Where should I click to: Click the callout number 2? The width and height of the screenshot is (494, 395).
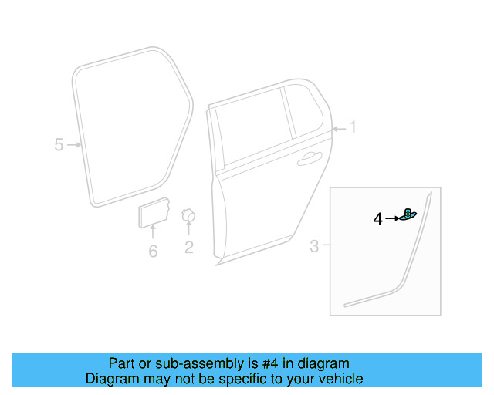(x=188, y=248)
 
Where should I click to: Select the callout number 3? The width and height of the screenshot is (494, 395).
(x=314, y=247)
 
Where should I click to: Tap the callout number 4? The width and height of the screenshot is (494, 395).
(x=377, y=219)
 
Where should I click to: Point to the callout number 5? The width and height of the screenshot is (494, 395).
(x=59, y=144)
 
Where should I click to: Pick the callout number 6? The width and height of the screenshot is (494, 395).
(x=153, y=252)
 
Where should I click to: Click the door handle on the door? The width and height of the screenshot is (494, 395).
(x=310, y=158)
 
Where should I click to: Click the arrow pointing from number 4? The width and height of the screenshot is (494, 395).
(x=392, y=219)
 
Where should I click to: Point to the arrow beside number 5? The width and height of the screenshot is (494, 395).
(x=74, y=144)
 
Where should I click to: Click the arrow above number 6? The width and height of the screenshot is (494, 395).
(x=153, y=232)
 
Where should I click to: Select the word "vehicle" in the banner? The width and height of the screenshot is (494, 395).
(x=339, y=379)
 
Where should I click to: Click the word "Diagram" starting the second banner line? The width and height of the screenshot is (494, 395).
(x=110, y=379)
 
